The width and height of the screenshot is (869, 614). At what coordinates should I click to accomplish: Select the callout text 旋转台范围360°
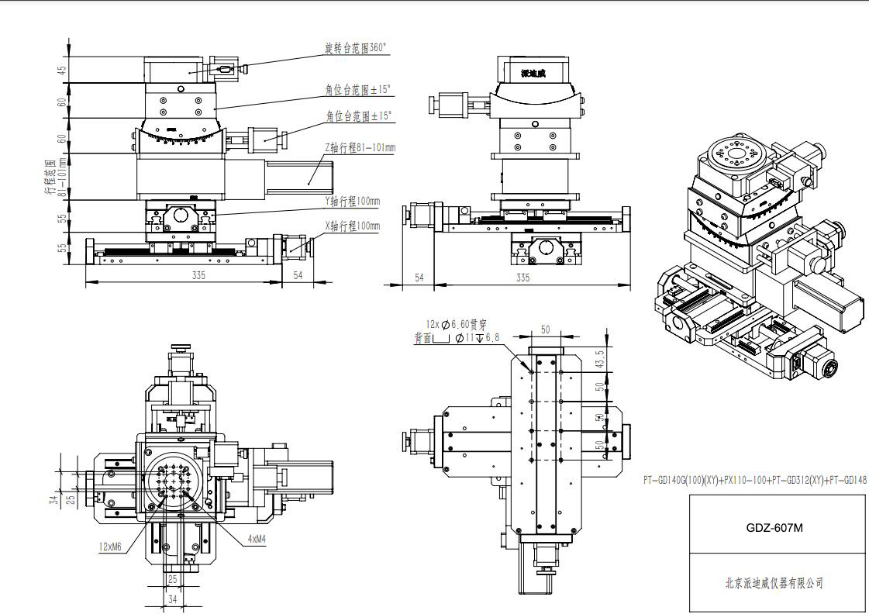point(355,48)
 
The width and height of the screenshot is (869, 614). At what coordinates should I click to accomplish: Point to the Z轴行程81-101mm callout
point(360,148)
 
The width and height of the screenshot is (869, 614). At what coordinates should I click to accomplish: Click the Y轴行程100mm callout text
point(353,201)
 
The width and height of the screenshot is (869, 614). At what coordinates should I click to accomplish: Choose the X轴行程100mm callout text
point(353,226)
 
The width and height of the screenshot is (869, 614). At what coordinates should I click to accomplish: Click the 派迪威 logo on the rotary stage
point(533,74)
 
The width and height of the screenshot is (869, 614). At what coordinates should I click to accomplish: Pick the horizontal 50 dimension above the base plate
point(545,330)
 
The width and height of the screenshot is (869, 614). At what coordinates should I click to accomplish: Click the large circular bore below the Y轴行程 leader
point(181,216)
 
